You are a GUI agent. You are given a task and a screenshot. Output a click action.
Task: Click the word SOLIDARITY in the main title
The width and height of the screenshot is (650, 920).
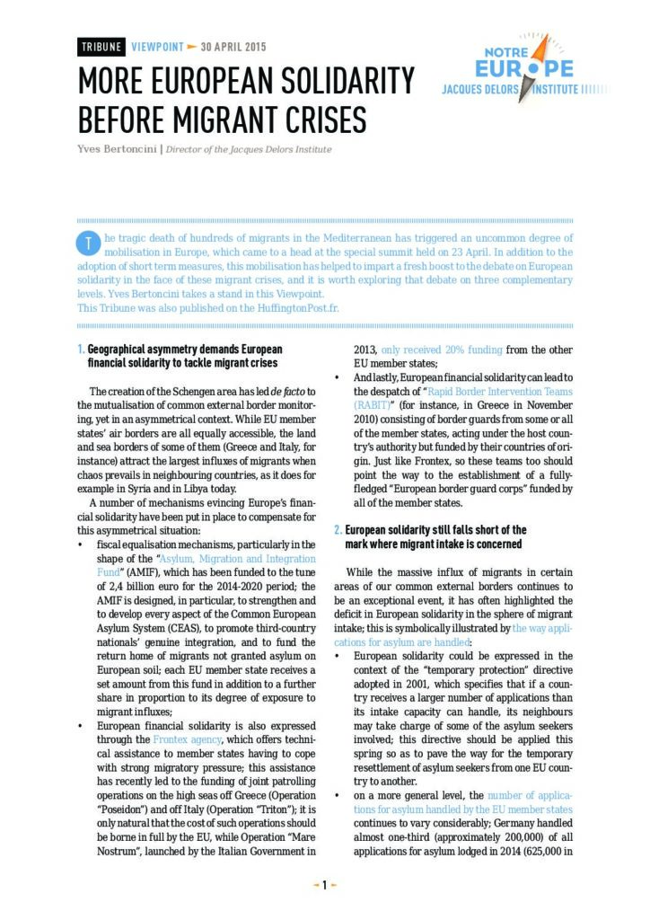[x=331, y=83]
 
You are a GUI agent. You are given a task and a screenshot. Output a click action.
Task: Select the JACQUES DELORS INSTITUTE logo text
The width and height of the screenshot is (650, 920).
[x=512, y=90]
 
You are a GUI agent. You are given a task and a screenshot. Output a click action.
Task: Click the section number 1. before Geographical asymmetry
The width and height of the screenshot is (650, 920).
[x=82, y=349]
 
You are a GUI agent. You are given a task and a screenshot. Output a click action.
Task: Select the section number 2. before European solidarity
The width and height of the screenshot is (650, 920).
[x=338, y=530]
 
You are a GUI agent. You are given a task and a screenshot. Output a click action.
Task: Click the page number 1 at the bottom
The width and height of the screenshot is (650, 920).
[x=324, y=885]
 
